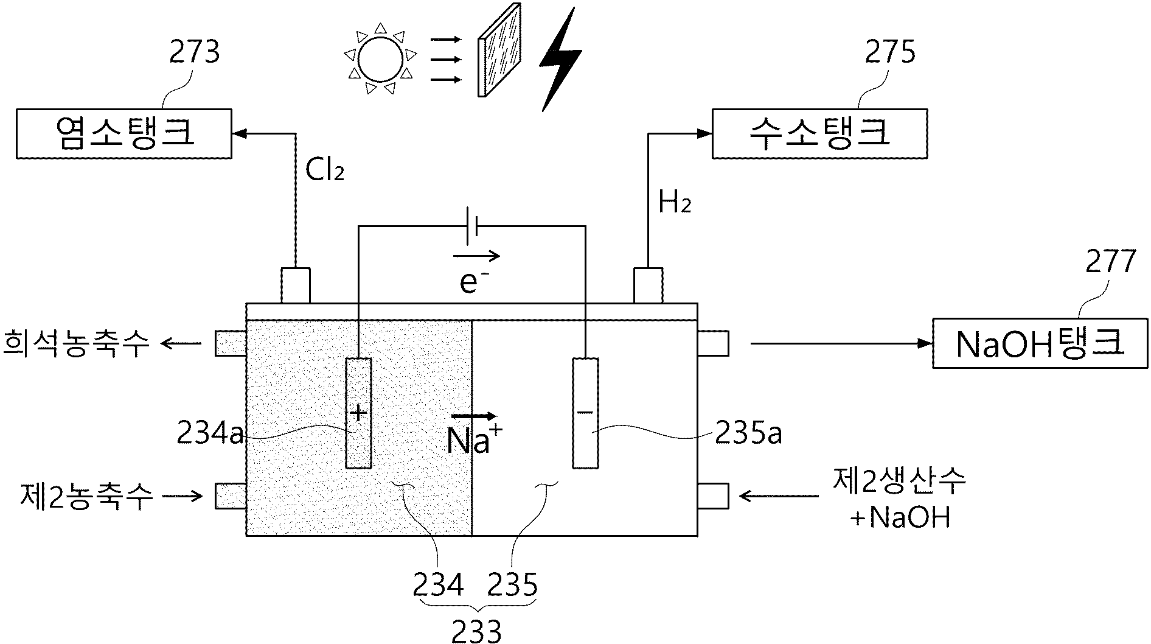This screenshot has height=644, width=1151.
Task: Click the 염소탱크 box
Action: (124, 134)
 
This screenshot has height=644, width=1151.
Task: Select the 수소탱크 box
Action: (819, 134)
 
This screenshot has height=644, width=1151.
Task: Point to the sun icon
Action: (381, 59)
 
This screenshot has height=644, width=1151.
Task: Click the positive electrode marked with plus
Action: (358, 413)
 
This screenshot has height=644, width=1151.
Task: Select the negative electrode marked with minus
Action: (585, 413)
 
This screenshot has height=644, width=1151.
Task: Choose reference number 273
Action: (194, 52)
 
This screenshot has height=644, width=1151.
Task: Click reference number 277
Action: (1110, 262)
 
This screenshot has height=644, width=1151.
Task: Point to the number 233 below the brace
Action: (477, 631)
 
